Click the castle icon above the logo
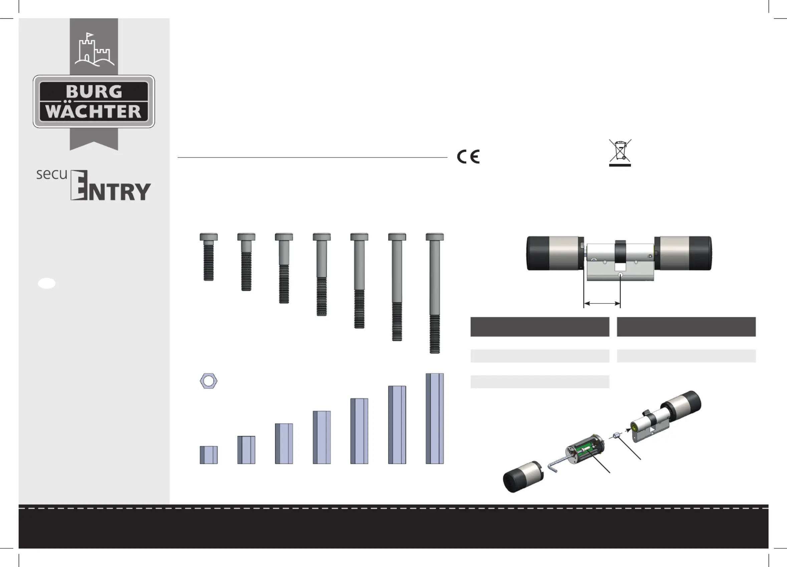(x=94, y=50)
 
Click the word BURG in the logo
(x=94, y=91)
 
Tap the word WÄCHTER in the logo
(x=93, y=111)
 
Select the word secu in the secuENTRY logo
(x=52, y=174)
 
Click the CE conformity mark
(x=468, y=157)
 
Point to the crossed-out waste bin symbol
(x=620, y=153)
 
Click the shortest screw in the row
(x=209, y=257)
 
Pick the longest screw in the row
(x=435, y=293)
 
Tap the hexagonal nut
(x=209, y=381)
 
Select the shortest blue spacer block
(x=209, y=455)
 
